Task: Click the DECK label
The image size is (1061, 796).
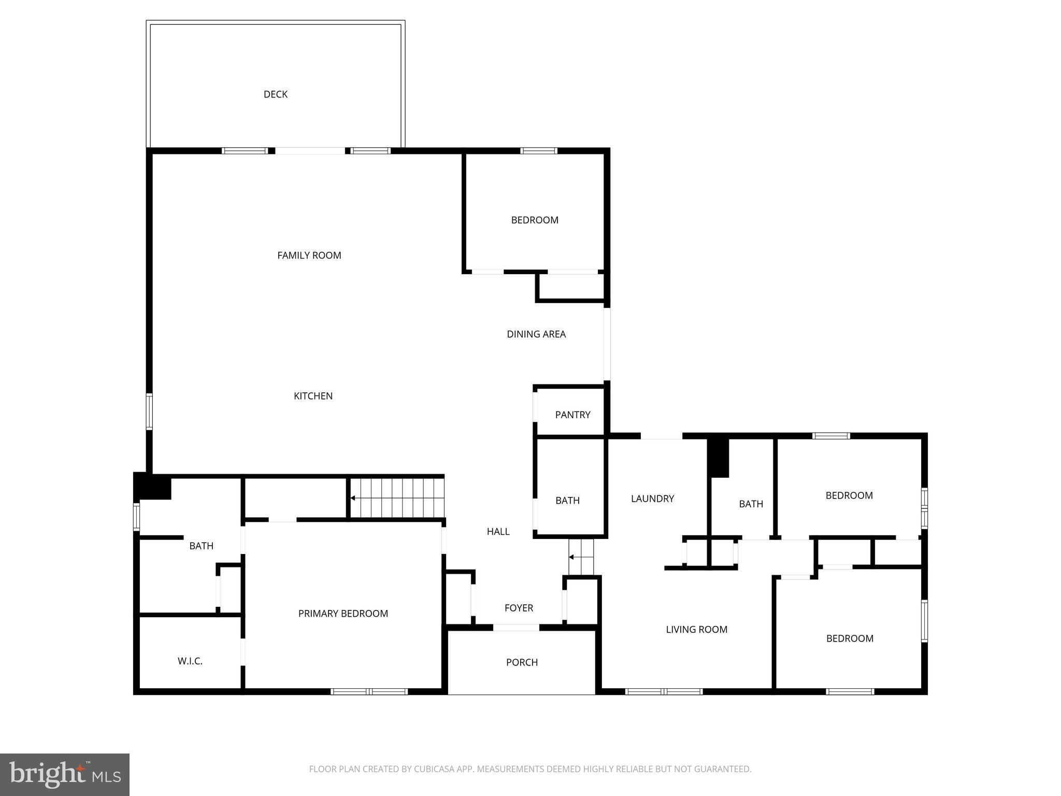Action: (275, 94)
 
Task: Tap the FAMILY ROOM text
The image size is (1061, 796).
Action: (309, 255)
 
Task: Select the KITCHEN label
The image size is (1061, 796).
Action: (313, 396)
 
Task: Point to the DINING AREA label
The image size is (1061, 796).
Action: (536, 334)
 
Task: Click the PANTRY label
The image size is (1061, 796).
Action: (572, 415)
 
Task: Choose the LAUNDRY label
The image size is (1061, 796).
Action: (652, 499)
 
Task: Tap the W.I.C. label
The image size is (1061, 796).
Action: (190, 661)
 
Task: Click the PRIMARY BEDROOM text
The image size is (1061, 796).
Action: (343, 614)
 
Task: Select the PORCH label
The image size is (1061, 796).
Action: (522, 662)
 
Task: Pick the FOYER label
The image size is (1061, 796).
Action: (519, 608)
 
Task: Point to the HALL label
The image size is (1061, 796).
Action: (498, 532)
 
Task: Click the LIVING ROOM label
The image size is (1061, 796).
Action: (696, 630)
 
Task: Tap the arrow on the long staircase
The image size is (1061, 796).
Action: (353, 498)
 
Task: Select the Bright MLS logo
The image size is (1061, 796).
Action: (64, 774)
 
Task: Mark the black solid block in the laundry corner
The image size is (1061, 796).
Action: (719, 458)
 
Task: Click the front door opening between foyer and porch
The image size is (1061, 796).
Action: (515, 628)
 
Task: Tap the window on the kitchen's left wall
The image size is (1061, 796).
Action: (149, 411)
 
